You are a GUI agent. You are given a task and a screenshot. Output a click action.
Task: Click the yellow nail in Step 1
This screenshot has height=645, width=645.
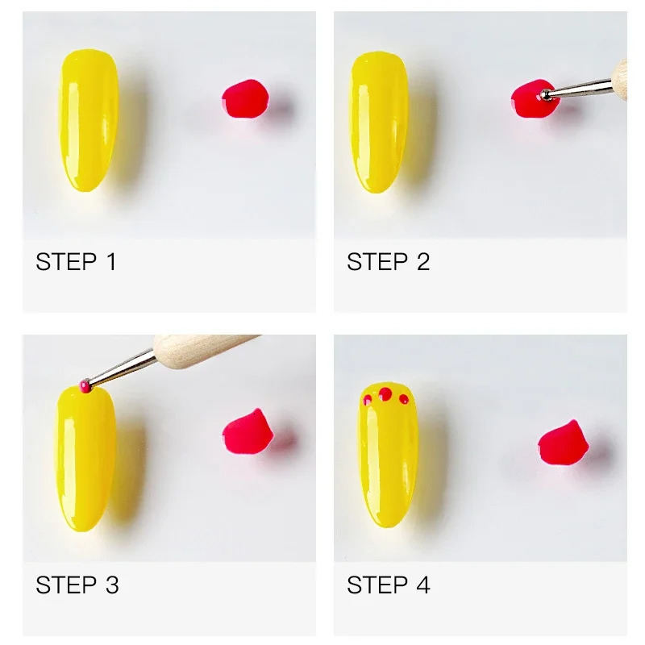coord(88,121)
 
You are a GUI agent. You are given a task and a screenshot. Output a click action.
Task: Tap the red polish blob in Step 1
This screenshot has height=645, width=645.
coord(244,100)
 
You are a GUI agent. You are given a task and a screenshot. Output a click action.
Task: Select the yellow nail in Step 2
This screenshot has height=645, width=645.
coord(379,121)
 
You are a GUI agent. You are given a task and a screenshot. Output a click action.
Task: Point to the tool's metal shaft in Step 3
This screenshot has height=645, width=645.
coord(121,369)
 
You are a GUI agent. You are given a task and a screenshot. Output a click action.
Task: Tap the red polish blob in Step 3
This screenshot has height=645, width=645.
coord(247,432)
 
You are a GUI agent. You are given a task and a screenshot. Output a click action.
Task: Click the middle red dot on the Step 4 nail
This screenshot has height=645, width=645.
coord(385,394)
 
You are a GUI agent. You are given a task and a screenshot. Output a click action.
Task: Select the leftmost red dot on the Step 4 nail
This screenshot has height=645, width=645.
coord(368,399)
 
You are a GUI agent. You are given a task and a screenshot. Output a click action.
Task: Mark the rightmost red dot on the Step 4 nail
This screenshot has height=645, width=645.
coord(404,398)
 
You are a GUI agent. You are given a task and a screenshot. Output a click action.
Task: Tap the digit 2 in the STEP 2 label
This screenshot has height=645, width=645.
coord(422,262)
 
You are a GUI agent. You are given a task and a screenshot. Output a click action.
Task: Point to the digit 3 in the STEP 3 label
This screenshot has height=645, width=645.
coord(111,585)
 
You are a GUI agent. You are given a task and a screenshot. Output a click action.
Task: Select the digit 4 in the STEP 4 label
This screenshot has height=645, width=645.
coord(422,585)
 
